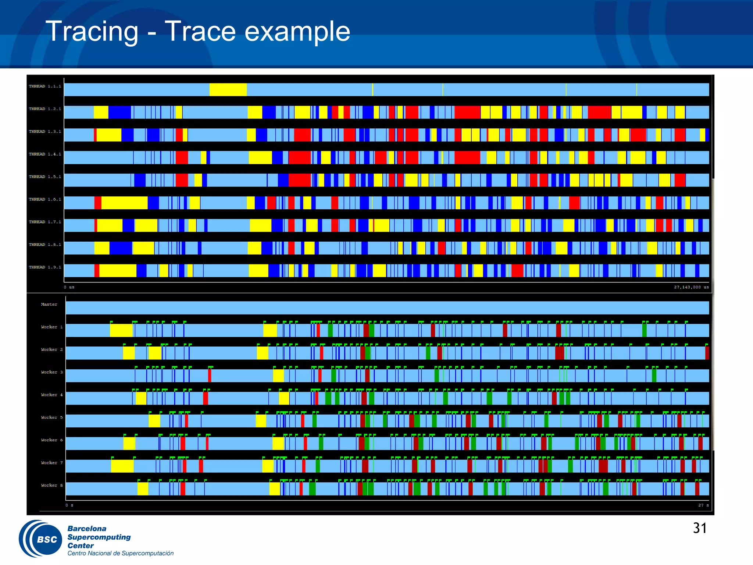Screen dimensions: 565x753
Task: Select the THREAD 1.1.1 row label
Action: click(45, 86)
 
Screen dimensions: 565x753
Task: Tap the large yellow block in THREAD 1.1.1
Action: click(228, 90)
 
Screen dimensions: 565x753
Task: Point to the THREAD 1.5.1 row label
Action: click(45, 177)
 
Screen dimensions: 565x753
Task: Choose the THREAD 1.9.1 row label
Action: click(45, 267)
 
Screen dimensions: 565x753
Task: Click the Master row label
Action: click(49, 305)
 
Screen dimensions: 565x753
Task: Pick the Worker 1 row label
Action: click(51, 327)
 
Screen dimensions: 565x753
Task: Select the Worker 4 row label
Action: click(51, 395)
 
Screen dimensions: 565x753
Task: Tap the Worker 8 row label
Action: click(51, 486)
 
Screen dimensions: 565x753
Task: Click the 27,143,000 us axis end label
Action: click(691, 287)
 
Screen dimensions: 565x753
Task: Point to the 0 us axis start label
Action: click(69, 287)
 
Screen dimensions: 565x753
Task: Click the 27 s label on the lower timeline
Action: click(703, 505)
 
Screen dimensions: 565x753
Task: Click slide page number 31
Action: click(699, 528)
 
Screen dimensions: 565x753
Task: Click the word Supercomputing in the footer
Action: click(99, 537)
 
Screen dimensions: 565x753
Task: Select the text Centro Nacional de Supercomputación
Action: click(120, 553)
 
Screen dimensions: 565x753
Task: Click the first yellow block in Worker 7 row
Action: click(122, 466)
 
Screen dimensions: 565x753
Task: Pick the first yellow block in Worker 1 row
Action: click(121, 330)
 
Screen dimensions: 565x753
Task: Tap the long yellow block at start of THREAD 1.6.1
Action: click(124, 203)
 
